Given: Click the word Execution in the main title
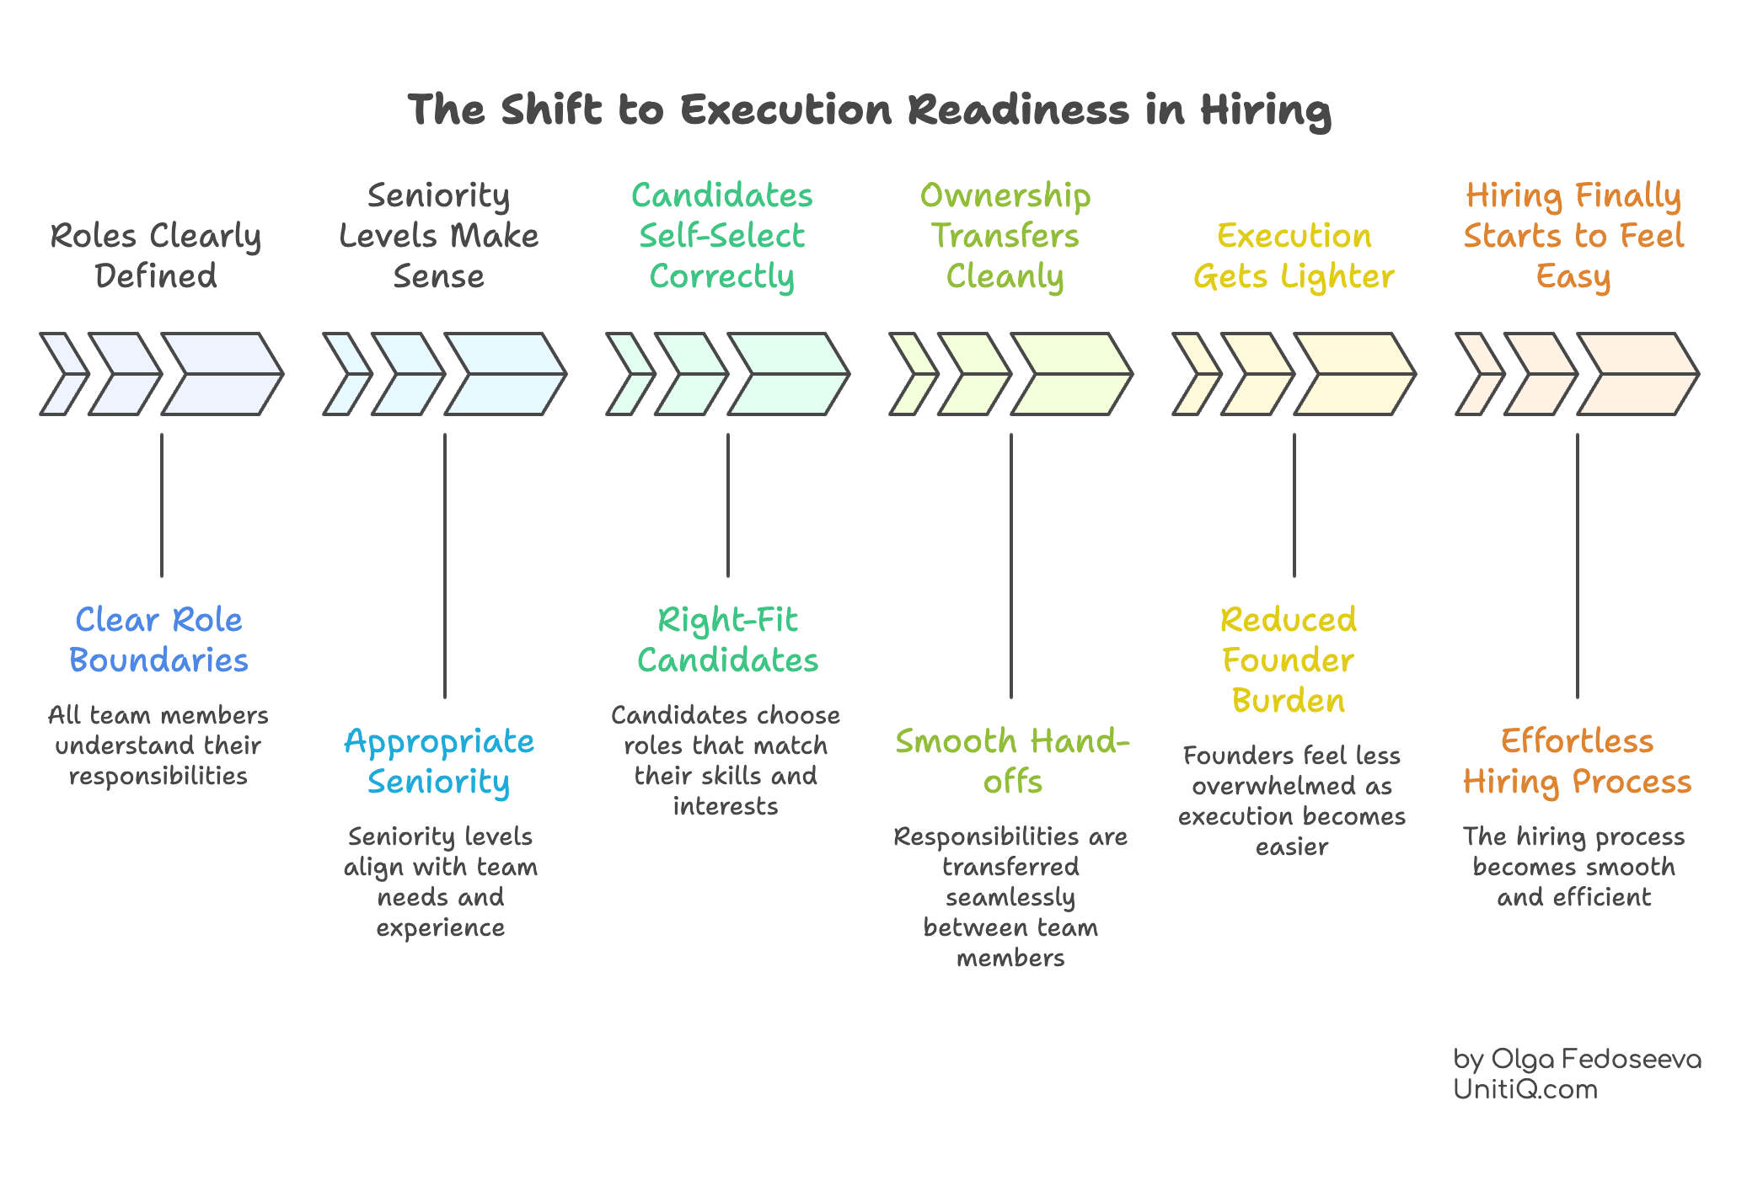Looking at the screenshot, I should (785, 110).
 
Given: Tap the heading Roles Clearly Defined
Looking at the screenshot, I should (156, 255).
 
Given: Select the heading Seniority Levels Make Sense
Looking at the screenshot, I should (438, 236).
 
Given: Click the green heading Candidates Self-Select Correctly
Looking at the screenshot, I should (722, 236).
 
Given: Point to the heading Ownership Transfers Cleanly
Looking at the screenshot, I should (1005, 236).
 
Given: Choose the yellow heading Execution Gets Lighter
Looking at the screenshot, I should (1294, 256).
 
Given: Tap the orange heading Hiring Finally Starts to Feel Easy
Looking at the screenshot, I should (1573, 236).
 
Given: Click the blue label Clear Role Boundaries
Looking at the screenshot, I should (158, 640).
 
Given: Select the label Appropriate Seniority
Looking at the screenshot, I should (439, 761).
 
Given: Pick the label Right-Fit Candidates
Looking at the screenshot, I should (727, 640).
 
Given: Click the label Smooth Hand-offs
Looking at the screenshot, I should (1011, 761).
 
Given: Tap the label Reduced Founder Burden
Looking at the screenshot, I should (1289, 660).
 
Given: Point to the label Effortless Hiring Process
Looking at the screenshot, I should (1577, 761).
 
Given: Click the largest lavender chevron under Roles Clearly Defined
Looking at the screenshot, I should (221, 374).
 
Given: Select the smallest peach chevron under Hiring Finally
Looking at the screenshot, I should (1479, 374).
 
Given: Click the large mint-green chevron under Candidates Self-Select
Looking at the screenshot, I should (787, 374).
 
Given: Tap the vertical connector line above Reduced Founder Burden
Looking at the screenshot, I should (1294, 505).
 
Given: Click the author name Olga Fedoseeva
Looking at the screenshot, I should (1595, 1059).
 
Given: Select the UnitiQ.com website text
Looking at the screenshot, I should (1525, 1089).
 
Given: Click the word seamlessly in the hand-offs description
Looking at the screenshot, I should (1010, 898).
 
